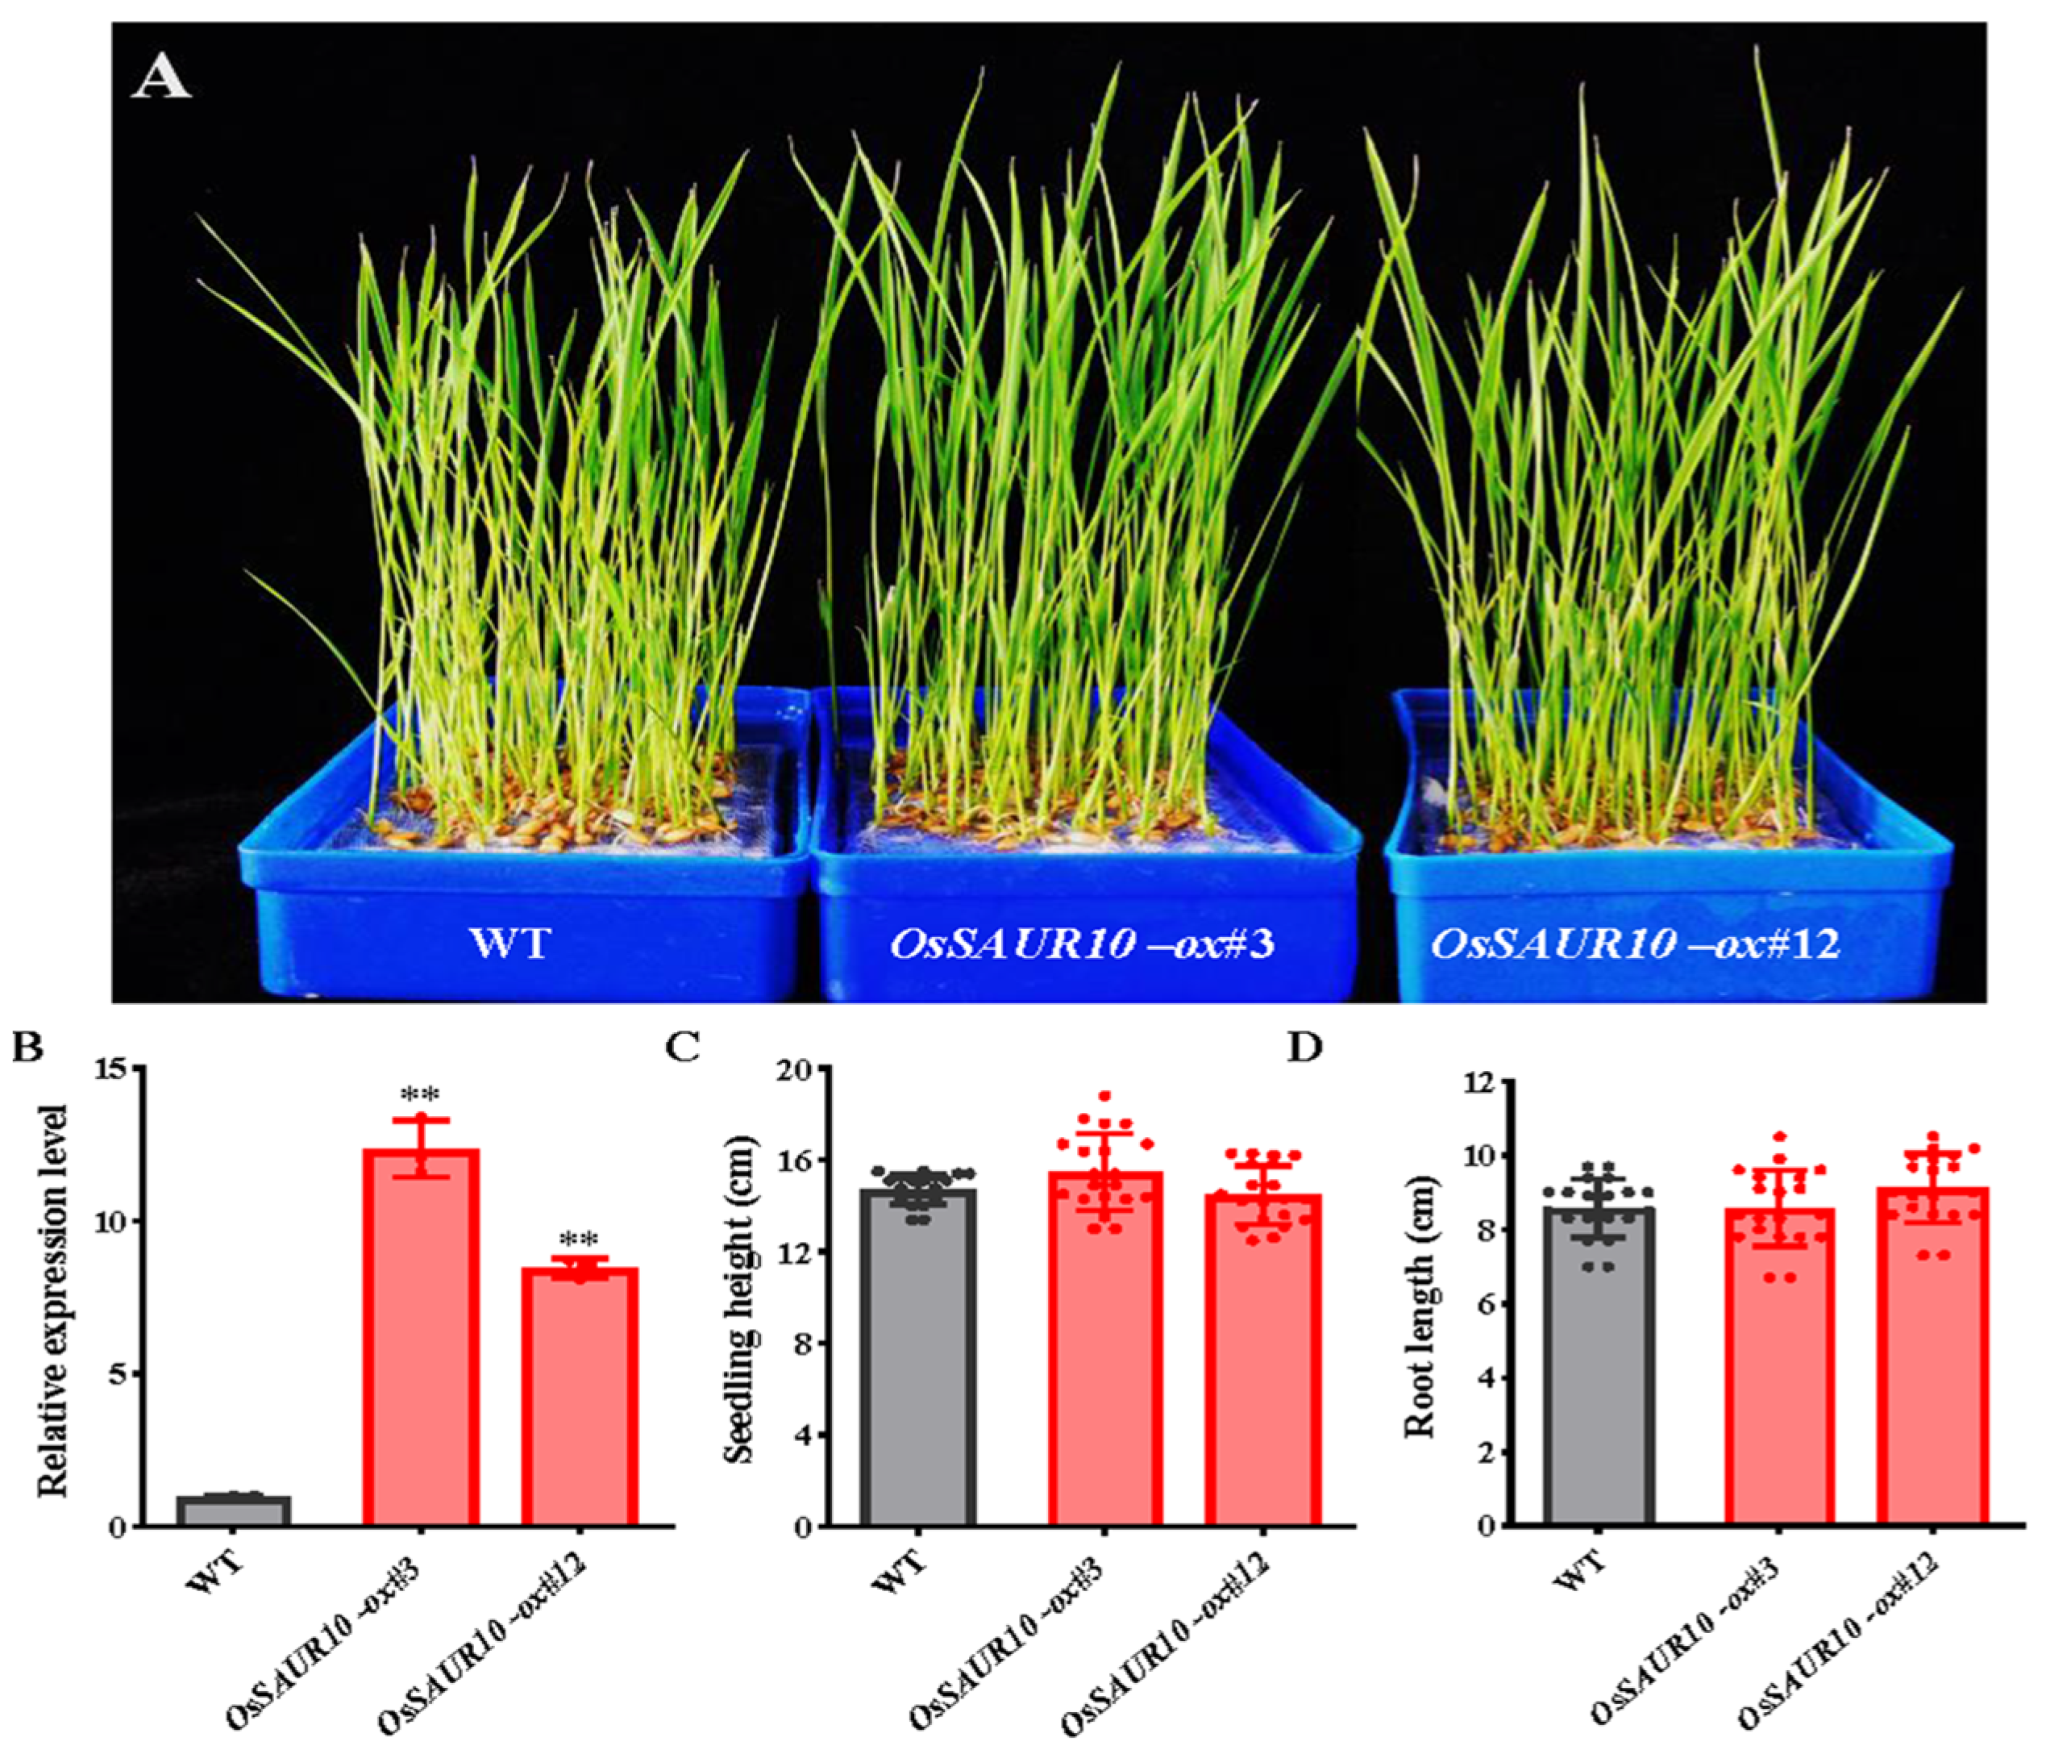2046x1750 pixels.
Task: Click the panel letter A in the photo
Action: pos(161,78)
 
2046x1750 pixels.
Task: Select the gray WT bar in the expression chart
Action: pos(233,1511)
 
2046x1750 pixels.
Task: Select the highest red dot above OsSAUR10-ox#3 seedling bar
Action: pos(1105,1096)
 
